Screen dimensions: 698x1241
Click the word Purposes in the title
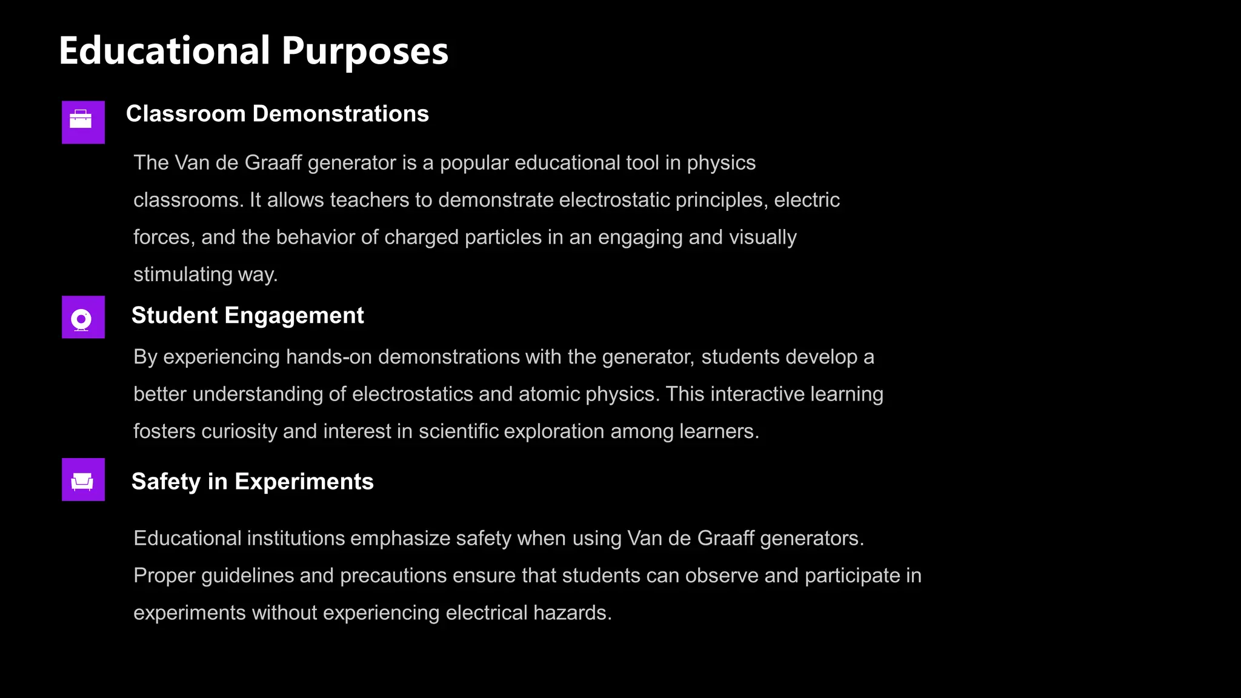(x=365, y=52)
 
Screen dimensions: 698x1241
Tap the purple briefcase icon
(x=83, y=122)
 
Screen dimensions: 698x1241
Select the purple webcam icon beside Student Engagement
(x=83, y=317)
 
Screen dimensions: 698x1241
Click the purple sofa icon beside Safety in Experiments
(x=83, y=479)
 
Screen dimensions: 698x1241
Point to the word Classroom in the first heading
(x=185, y=114)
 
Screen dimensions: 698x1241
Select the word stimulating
(x=182, y=274)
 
